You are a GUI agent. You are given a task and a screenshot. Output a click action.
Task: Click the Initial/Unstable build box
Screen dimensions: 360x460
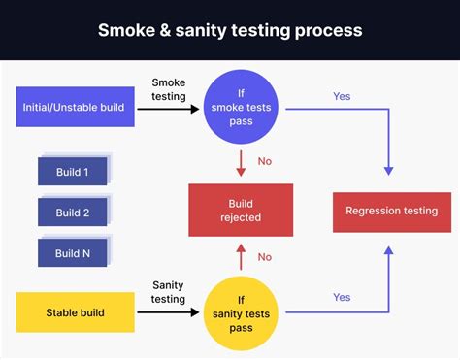75,107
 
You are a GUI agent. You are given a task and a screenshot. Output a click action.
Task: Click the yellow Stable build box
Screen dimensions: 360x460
75,312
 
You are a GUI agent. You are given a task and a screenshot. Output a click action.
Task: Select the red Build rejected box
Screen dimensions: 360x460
240,211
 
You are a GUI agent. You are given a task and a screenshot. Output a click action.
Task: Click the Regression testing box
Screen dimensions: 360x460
391,211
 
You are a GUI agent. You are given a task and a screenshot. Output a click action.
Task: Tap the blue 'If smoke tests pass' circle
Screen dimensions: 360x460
241,107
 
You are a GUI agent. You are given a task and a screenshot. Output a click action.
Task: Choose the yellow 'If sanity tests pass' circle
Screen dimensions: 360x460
241,312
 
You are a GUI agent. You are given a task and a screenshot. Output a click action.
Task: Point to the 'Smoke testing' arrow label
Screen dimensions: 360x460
168,90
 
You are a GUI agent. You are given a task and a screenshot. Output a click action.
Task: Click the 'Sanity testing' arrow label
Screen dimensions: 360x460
168,292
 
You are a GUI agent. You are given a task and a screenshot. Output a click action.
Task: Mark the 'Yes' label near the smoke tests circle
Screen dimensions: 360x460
342,98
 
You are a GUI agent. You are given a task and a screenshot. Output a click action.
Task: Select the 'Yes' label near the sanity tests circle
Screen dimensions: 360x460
342,297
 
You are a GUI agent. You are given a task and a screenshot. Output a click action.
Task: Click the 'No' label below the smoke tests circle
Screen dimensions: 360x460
264,161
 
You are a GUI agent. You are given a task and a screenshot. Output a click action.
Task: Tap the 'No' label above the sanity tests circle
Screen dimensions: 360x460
264,257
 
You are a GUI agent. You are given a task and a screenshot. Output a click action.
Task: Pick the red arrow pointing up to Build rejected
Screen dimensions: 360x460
241,257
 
